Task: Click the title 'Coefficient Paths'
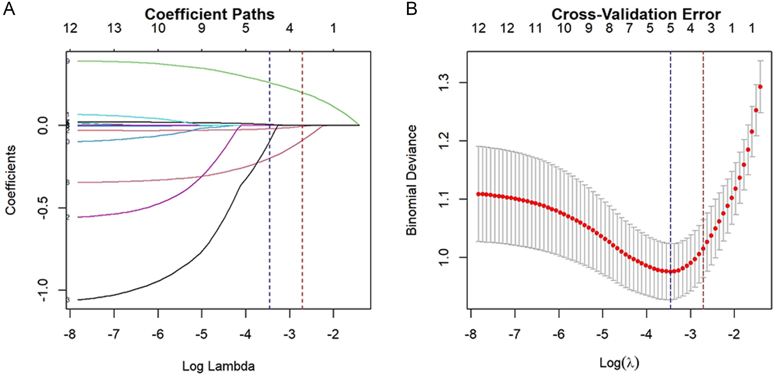click(209, 14)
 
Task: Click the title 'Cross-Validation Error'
click(636, 14)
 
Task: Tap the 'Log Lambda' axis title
click(218, 366)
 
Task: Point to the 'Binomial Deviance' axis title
click(411, 180)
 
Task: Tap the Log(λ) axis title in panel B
click(619, 363)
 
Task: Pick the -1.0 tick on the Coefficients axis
click(43, 290)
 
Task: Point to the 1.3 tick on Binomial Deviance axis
click(444, 83)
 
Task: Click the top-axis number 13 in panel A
click(114, 28)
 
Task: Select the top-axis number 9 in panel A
click(201, 28)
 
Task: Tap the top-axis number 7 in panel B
click(629, 28)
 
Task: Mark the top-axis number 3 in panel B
click(711, 28)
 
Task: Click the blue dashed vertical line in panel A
click(269, 212)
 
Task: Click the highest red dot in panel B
click(760, 87)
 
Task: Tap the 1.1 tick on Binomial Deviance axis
click(444, 199)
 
